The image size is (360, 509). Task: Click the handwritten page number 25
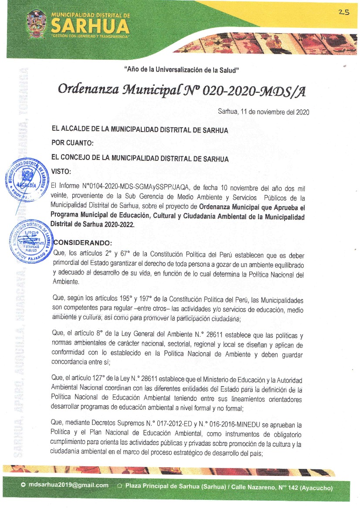(343, 13)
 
